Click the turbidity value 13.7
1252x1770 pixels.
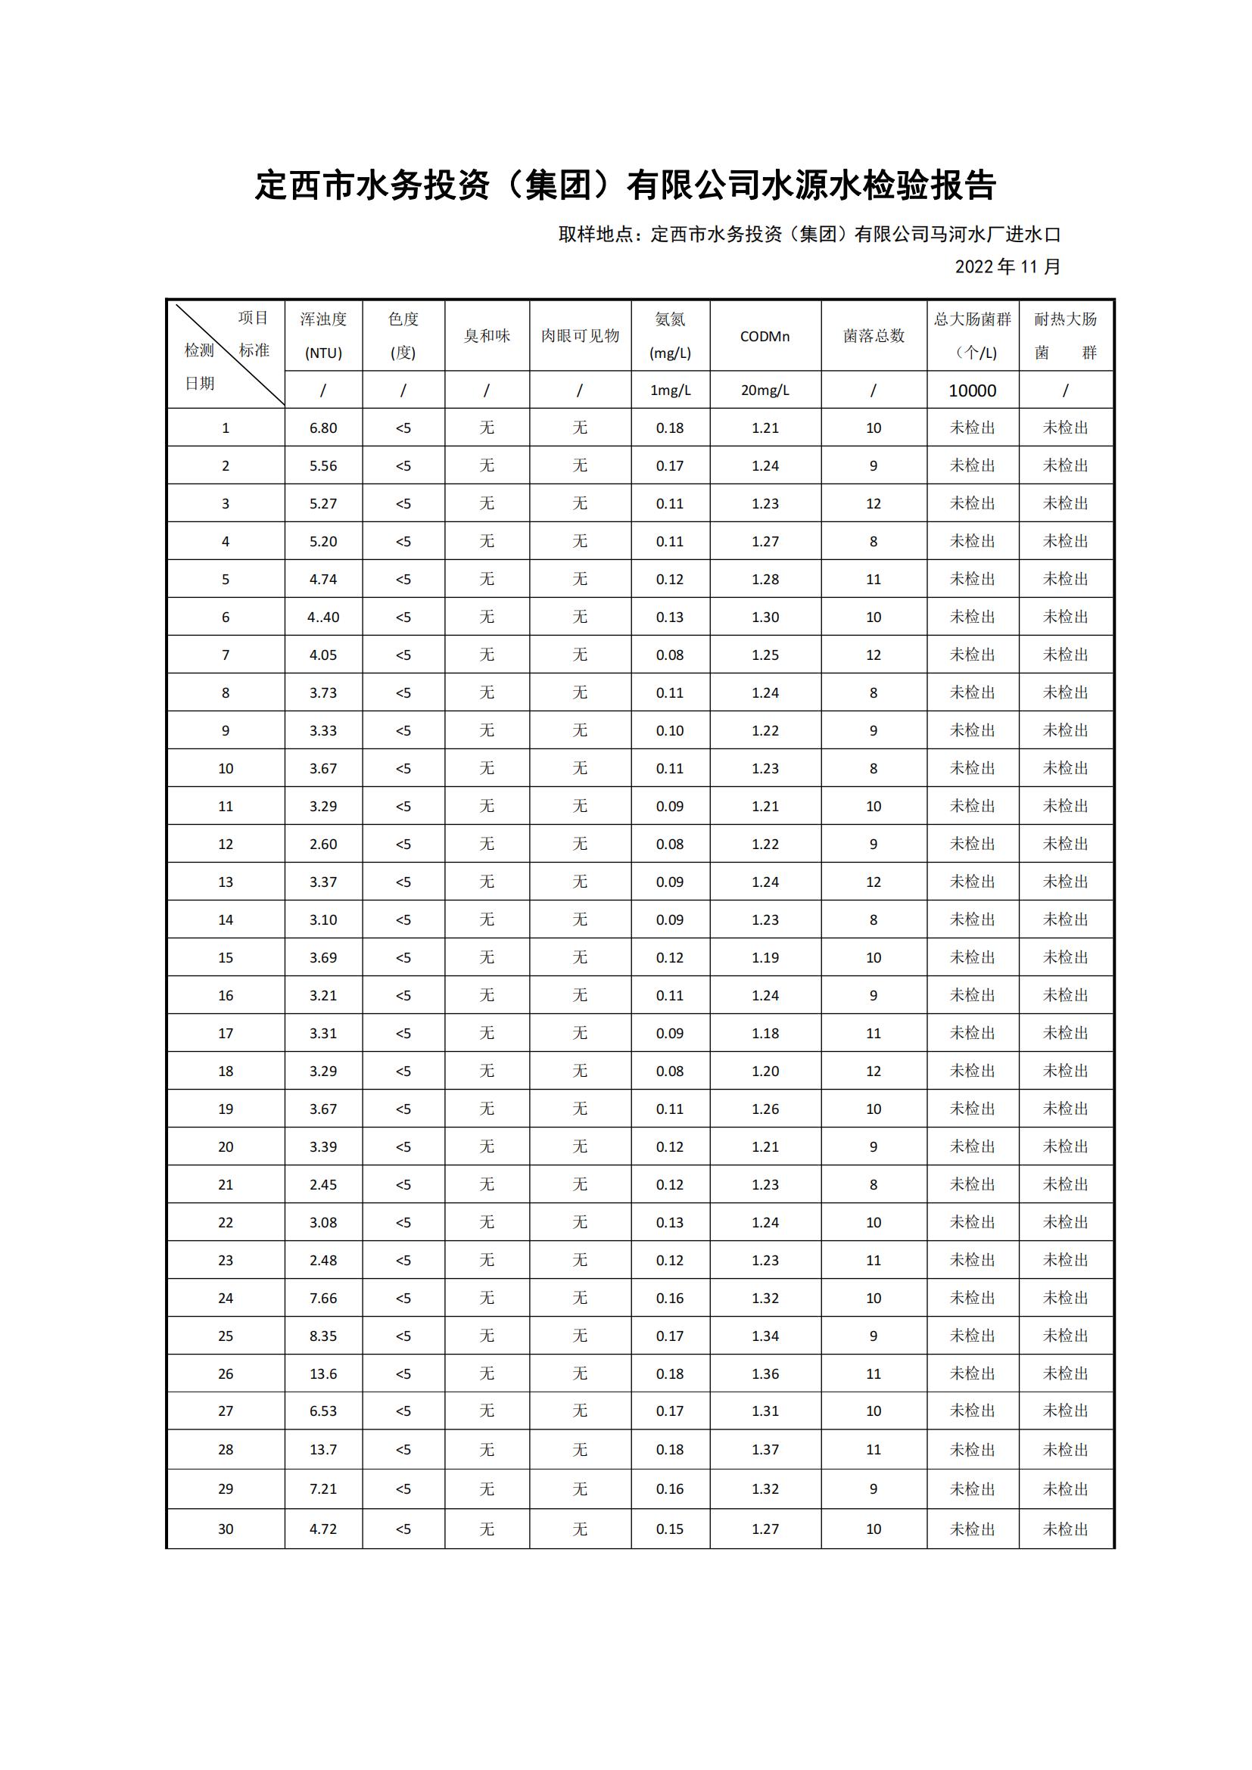tap(323, 1449)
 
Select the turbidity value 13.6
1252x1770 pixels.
tap(323, 1373)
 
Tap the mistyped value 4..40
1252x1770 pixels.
tap(323, 617)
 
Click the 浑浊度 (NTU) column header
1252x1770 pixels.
tap(323, 335)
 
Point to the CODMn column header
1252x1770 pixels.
tap(765, 336)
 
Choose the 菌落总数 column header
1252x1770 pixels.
tap(874, 336)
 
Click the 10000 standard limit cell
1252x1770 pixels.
tap(972, 390)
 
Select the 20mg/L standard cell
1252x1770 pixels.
tap(765, 390)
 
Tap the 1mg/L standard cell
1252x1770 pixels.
tap(670, 390)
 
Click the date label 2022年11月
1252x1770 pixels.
tap(1008, 266)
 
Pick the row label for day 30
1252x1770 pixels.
tap(225, 1529)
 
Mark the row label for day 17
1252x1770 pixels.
tap(225, 1033)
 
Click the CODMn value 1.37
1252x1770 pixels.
tap(765, 1449)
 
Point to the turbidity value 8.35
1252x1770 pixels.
tap(323, 1336)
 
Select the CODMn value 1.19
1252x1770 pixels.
tap(765, 957)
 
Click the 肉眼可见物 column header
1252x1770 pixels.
tap(580, 336)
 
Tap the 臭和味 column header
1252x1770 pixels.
tap(487, 336)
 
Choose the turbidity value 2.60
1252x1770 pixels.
tap(323, 845)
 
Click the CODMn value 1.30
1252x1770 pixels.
tap(765, 617)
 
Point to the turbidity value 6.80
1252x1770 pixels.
tap(323, 428)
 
